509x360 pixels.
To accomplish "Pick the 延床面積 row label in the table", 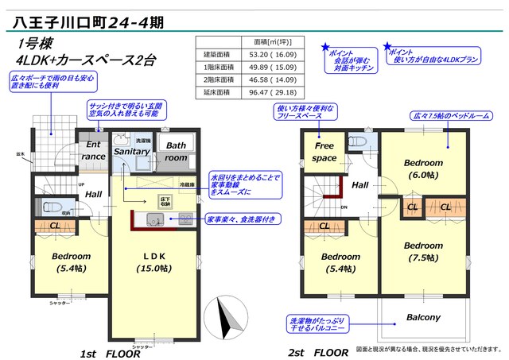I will (216, 92).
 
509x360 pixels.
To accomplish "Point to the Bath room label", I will (176, 151).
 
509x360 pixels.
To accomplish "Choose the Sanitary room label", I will (131, 150).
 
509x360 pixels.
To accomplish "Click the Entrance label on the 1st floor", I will (93, 151).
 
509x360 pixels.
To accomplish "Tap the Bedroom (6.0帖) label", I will (422, 168).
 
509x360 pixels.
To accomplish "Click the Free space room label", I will (324, 152).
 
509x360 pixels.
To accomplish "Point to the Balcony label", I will (422, 317).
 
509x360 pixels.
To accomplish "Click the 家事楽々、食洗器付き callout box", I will (242, 219).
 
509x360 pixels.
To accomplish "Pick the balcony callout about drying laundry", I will (317, 323).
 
